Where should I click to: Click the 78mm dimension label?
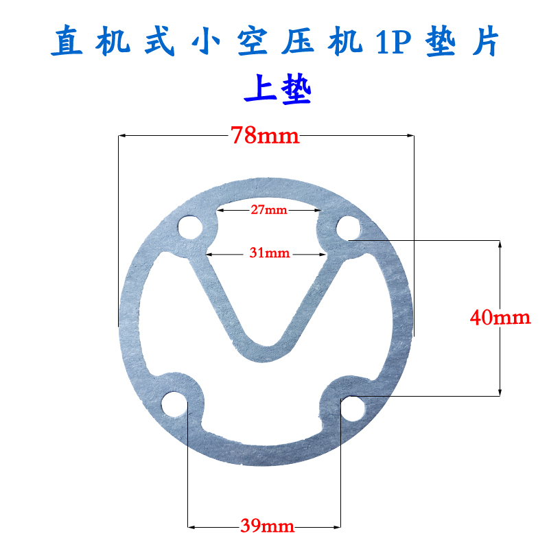point(266,135)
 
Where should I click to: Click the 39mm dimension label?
point(268,526)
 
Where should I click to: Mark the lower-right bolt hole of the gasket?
point(355,408)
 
